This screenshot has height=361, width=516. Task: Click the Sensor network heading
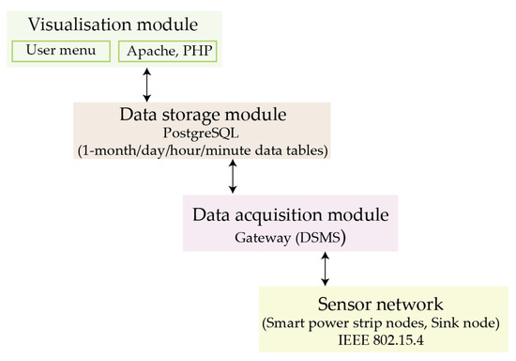pos(385,306)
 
